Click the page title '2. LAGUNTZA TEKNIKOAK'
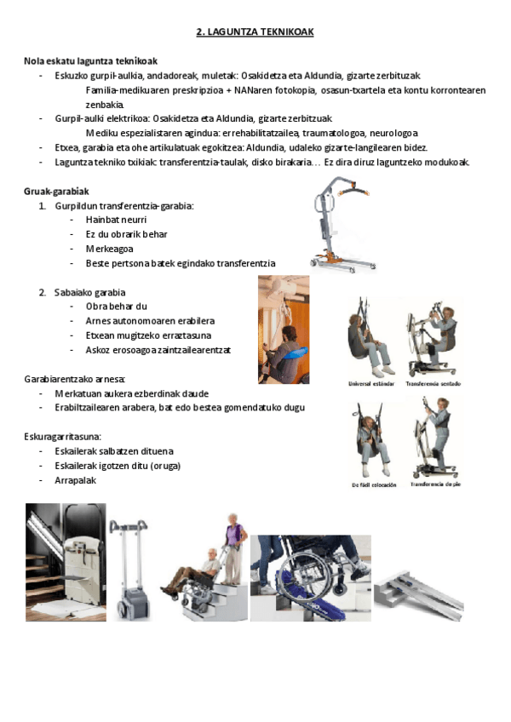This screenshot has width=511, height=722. tap(255, 32)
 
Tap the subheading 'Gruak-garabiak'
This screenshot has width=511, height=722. tap(56, 192)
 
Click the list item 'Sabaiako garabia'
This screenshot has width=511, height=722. tap(89, 292)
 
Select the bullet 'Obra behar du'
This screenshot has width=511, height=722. tap(117, 307)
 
